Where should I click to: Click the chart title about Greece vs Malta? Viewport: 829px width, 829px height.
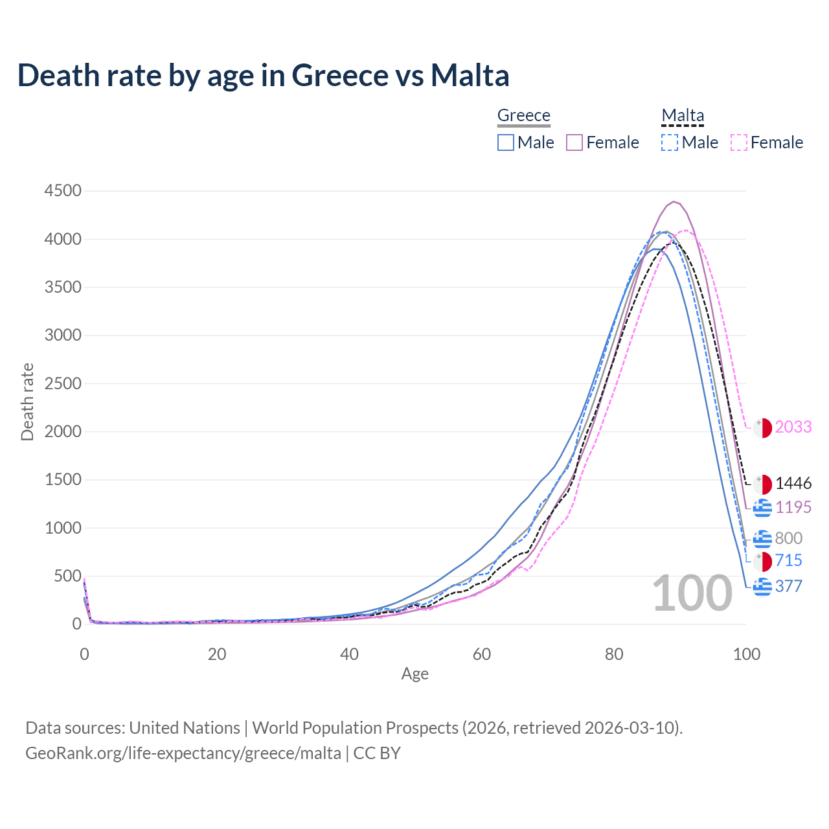(x=263, y=75)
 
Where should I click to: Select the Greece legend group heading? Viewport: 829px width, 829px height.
(x=523, y=115)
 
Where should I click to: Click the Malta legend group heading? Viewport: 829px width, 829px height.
(x=683, y=115)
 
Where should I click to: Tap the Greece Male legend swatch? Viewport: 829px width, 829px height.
(x=506, y=142)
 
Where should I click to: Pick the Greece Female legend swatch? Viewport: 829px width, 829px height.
(x=575, y=142)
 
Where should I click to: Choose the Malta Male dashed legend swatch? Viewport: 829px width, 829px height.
(x=670, y=142)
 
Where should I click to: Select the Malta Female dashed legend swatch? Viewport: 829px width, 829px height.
(x=739, y=142)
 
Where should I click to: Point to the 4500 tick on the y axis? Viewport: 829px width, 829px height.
(x=63, y=190)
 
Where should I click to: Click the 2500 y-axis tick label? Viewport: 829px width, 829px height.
(x=63, y=383)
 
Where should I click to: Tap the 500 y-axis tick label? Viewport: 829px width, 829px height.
(x=67, y=576)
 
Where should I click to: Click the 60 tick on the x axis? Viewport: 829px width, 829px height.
(x=482, y=654)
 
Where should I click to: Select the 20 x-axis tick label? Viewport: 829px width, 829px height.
(x=217, y=654)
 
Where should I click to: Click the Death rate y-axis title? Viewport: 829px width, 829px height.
(x=27, y=402)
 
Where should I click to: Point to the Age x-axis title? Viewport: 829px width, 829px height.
(x=414, y=674)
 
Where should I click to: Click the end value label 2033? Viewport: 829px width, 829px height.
(x=793, y=427)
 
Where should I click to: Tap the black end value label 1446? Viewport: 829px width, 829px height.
(x=793, y=484)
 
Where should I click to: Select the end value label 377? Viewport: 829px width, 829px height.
(x=788, y=587)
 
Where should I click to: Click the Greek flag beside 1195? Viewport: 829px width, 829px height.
(x=762, y=508)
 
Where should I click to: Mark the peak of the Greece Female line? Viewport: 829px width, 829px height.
(x=674, y=201)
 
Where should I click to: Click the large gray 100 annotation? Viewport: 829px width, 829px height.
(x=692, y=594)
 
